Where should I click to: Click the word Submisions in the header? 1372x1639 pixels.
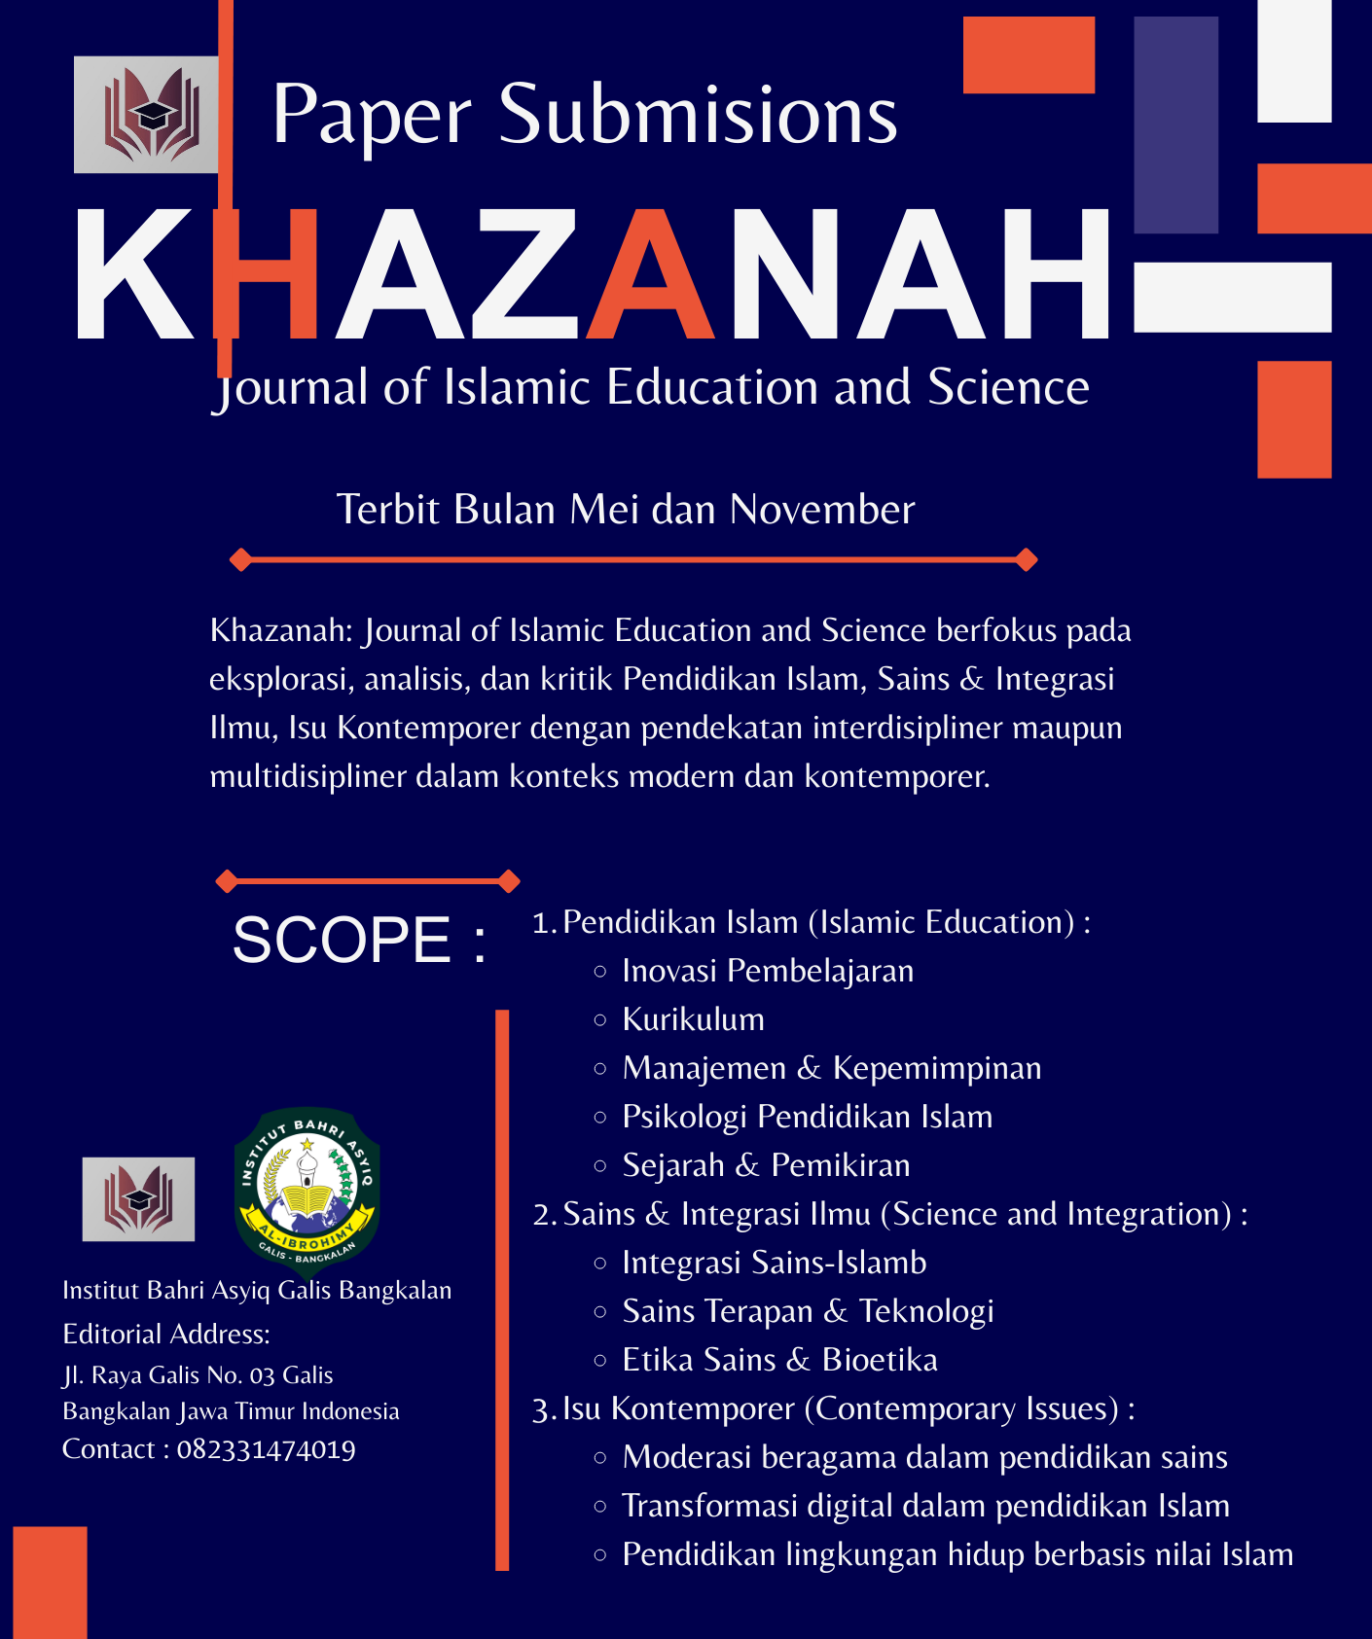tap(698, 115)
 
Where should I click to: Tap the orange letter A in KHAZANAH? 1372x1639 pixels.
tap(653, 277)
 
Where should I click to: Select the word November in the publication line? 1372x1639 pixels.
tap(822, 510)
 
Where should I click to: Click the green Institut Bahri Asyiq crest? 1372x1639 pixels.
tap(307, 1191)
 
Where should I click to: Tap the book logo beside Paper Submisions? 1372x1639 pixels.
tap(147, 115)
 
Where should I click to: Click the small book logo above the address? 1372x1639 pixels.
tap(138, 1198)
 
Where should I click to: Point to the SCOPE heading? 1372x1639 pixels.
tap(359, 940)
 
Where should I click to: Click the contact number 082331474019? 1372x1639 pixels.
tap(266, 1449)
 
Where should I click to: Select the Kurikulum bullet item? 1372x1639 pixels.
tap(693, 1019)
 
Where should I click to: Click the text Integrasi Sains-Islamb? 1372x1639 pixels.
tap(774, 1263)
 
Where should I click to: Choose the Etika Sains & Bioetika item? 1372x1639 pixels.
tap(779, 1360)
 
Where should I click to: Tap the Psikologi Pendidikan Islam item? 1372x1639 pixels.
tap(807, 1117)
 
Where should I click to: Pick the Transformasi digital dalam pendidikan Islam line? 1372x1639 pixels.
tap(925, 1506)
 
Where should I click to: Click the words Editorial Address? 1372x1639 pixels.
tap(166, 1334)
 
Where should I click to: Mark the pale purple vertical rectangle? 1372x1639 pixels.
tap(1175, 125)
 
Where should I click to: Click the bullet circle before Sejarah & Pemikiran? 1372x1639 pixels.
tap(600, 1165)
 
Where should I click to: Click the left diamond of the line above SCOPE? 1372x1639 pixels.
tap(227, 881)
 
